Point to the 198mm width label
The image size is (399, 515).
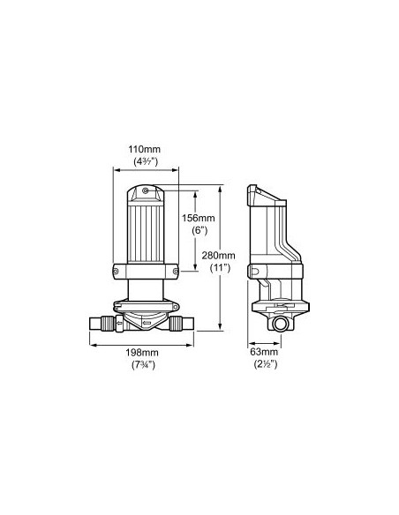tap(145, 354)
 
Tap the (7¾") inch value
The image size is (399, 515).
tap(145, 365)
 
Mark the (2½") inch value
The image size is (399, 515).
tap(264, 364)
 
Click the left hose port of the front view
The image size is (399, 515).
tap(96, 322)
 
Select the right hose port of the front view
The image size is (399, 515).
tap(195, 322)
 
